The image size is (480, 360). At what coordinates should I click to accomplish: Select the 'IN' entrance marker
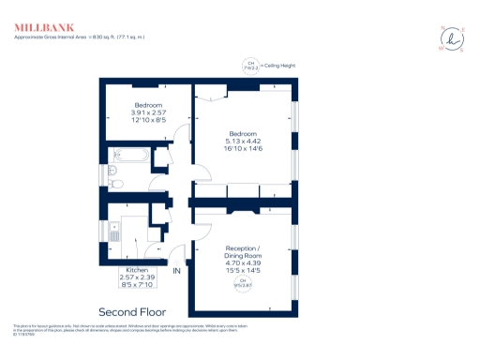[175, 271]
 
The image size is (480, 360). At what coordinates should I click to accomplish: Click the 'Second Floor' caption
[134, 310]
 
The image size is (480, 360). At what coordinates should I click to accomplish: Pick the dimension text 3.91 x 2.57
[148, 112]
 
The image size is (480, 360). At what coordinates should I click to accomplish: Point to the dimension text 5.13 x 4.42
[243, 140]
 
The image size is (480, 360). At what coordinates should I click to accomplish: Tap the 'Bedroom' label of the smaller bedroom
[148, 105]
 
